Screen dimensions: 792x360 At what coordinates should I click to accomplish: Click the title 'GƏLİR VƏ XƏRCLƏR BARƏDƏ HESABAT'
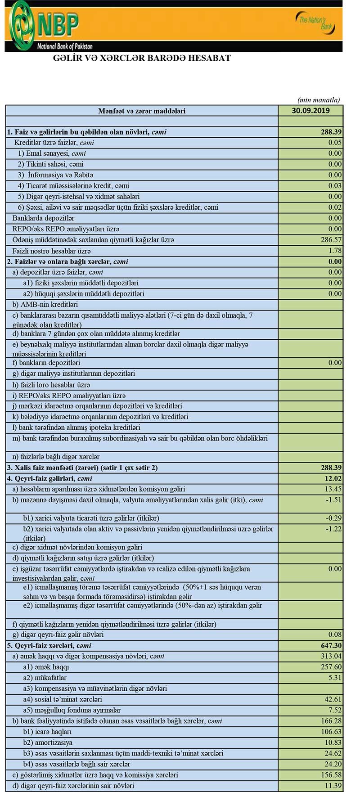click(x=142, y=58)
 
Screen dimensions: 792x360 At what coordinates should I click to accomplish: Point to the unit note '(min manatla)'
click(x=319, y=100)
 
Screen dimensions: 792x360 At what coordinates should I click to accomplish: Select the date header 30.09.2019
click(x=310, y=111)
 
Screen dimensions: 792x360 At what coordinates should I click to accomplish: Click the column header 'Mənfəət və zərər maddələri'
click(x=142, y=111)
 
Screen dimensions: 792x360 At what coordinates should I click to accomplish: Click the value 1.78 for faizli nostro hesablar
click(x=335, y=251)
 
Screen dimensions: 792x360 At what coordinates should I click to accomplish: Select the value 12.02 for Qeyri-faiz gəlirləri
click(x=333, y=478)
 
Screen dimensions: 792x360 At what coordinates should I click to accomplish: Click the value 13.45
click(x=333, y=489)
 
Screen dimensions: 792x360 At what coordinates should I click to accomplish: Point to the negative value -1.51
click(x=333, y=500)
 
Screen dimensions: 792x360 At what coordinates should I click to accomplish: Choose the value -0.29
click(x=333, y=518)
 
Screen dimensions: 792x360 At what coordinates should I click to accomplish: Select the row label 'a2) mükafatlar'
click(x=45, y=678)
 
